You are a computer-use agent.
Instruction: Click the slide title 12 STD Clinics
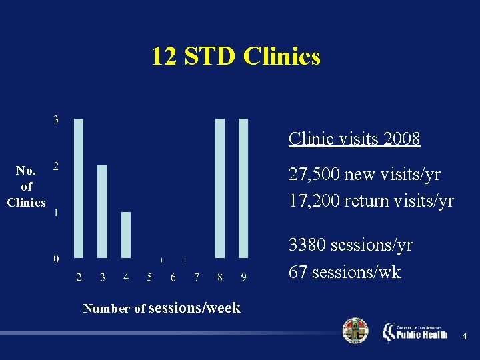coord(235,56)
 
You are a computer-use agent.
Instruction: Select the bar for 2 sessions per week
coord(79,188)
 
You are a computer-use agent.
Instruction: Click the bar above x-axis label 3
coord(102,211)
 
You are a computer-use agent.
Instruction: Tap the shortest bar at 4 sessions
coord(126,235)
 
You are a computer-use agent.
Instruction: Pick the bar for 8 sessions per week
coord(220,188)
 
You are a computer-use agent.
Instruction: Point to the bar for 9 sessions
coord(243,188)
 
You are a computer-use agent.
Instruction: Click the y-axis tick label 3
coord(56,120)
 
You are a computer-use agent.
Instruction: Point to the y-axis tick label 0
coord(56,259)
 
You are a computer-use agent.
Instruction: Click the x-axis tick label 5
coord(149,277)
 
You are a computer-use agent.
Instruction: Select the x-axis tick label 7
coord(197,277)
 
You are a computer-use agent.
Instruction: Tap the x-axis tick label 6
coord(173,277)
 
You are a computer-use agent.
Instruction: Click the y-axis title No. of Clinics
coord(26,187)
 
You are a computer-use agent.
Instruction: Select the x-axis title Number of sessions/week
coord(161,308)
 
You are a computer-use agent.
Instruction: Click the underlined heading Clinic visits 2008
coord(354,139)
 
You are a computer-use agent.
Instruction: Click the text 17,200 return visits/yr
coord(371,200)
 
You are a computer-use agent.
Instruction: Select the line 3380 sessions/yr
coord(350,245)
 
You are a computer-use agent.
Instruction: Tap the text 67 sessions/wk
coord(345,272)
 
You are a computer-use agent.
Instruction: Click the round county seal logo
coord(355,331)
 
